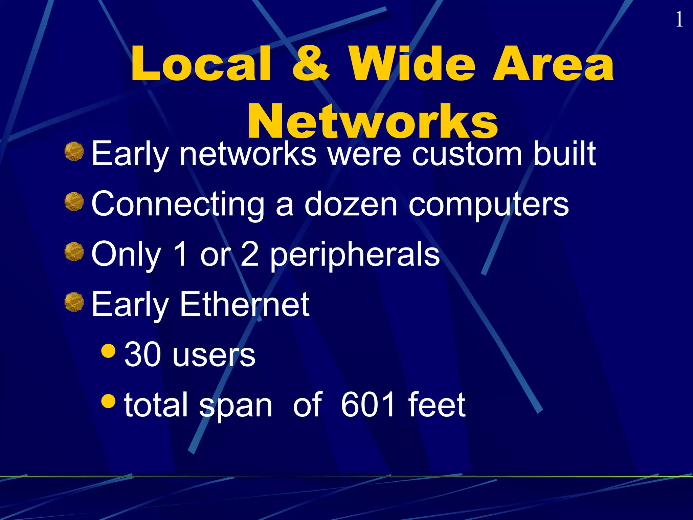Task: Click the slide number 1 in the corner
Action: click(x=679, y=20)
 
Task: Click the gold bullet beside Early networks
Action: click(x=74, y=151)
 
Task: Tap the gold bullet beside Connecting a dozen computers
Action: click(x=74, y=201)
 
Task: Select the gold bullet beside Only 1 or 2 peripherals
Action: click(x=74, y=252)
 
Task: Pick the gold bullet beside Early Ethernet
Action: click(x=74, y=302)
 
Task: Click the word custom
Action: click(x=467, y=154)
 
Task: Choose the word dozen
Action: click(x=351, y=204)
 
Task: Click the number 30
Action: click(x=142, y=355)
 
